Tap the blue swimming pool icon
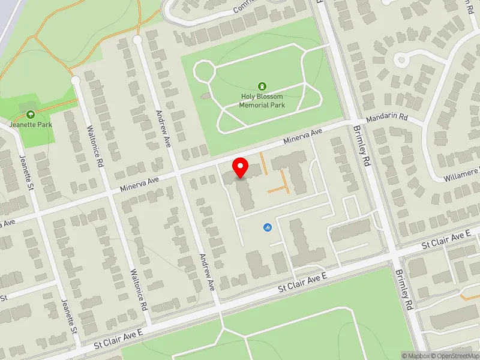[x=267, y=227]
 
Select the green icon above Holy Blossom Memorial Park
[x=262, y=86]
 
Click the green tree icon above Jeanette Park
[x=30, y=114]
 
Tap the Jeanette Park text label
[x=31, y=125]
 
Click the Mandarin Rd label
[x=387, y=118]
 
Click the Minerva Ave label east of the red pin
[x=304, y=138]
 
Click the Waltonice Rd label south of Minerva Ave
[x=139, y=289]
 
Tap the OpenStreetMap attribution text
[x=455, y=356]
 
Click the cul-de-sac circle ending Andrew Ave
[x=137, y=40]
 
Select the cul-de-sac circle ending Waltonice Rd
[x=75, y=80]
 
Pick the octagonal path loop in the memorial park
[x=203, y=72]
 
